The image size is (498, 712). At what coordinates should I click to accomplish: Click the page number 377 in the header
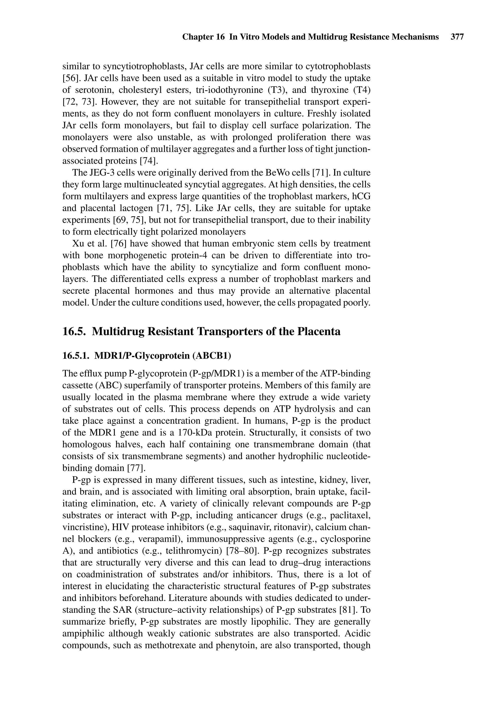[x=457, y=37]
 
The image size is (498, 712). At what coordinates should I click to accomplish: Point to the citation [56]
[x=72, y=79]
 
